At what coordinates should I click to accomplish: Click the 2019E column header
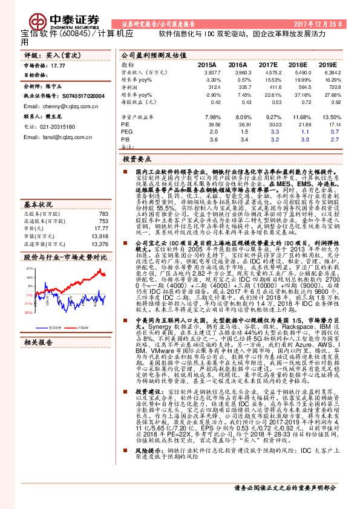[x=327, y=64]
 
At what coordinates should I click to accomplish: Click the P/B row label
[x=126, y=138]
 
